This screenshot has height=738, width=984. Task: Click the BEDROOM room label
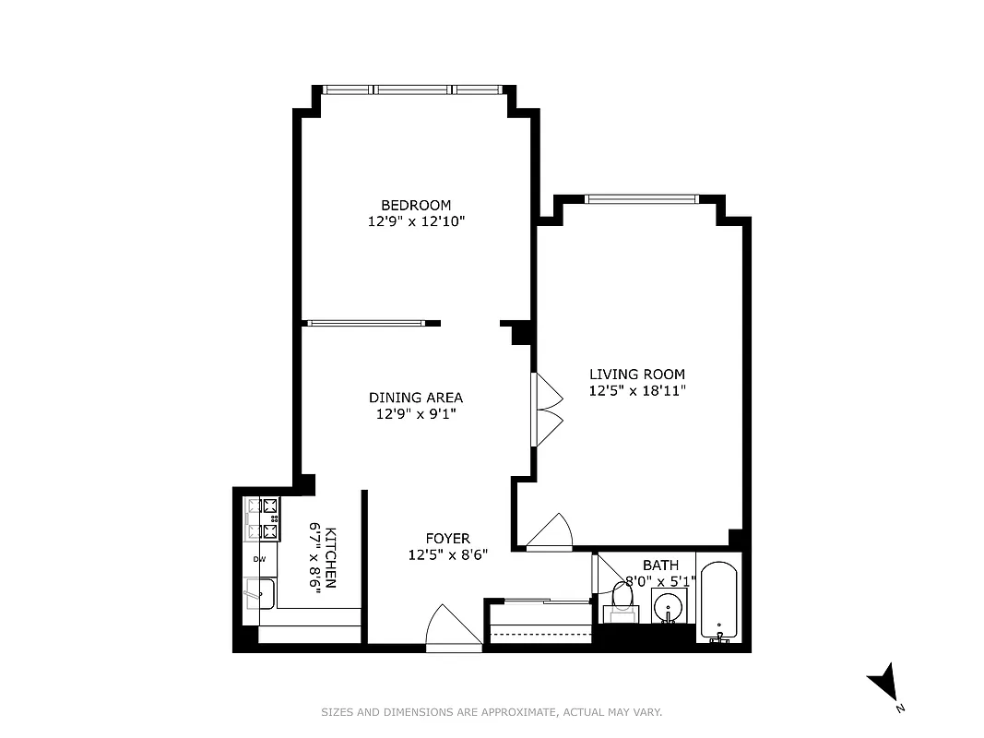pyautogui.click(x=416, y=205)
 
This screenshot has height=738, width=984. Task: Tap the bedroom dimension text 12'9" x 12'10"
pyautogui.click(x=416, y=221)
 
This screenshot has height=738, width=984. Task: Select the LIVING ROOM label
pyautogui.click(x=637, y=374)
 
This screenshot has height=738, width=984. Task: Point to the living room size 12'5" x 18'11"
pyautogui.click(x=637, y=390)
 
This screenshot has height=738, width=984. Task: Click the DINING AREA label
pyautogui.click(x=416, y=398)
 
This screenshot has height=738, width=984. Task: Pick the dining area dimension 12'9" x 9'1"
pyautogui.click(x=416, y=414)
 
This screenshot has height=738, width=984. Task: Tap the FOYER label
pyautogui.click(x=447, y=538)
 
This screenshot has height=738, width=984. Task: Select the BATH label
pyautogui.click(x=660, y=565)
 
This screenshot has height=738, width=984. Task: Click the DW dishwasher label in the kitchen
pyautogui.click(x=259, y=559)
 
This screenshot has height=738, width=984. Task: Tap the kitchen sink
pyautogui.click(x=259, y=593)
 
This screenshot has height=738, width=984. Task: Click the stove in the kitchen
pyautogui.click(x=261, y=518)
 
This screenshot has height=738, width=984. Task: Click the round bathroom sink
pyautogui.click(x=669, y=607)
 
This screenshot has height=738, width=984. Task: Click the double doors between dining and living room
pyautogui.click(x=548, y=410)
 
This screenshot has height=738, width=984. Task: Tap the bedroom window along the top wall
pyautogui.click(x=413, y=90)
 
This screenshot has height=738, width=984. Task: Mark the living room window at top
pyautogui.click(x=642, y=198)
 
